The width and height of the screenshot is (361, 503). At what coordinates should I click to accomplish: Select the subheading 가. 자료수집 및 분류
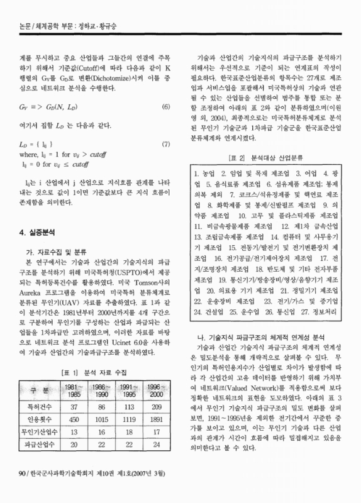tap(55, 232)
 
